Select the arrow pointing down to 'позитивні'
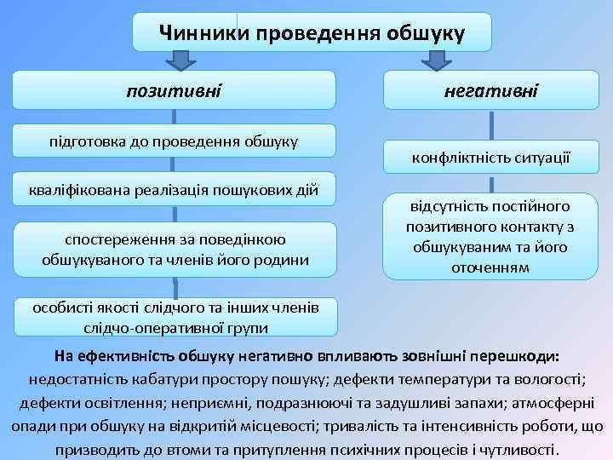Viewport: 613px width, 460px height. (x=180, y=60)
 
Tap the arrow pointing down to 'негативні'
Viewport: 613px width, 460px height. (x=436, y=60)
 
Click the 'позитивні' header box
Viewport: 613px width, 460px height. (x=174, y=89)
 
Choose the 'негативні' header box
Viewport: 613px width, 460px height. (x=490, y=89)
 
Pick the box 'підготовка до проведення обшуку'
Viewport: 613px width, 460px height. (x=174, y=140)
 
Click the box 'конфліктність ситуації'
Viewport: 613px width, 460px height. (x=490, y=158)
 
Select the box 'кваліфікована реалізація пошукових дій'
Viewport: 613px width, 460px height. (x=174, y=189)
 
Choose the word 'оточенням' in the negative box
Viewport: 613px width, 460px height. (x=490, y=267)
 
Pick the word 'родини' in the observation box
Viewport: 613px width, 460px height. (x=284, y=259)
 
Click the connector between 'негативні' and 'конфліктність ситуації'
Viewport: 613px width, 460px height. (x=490, y=124)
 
